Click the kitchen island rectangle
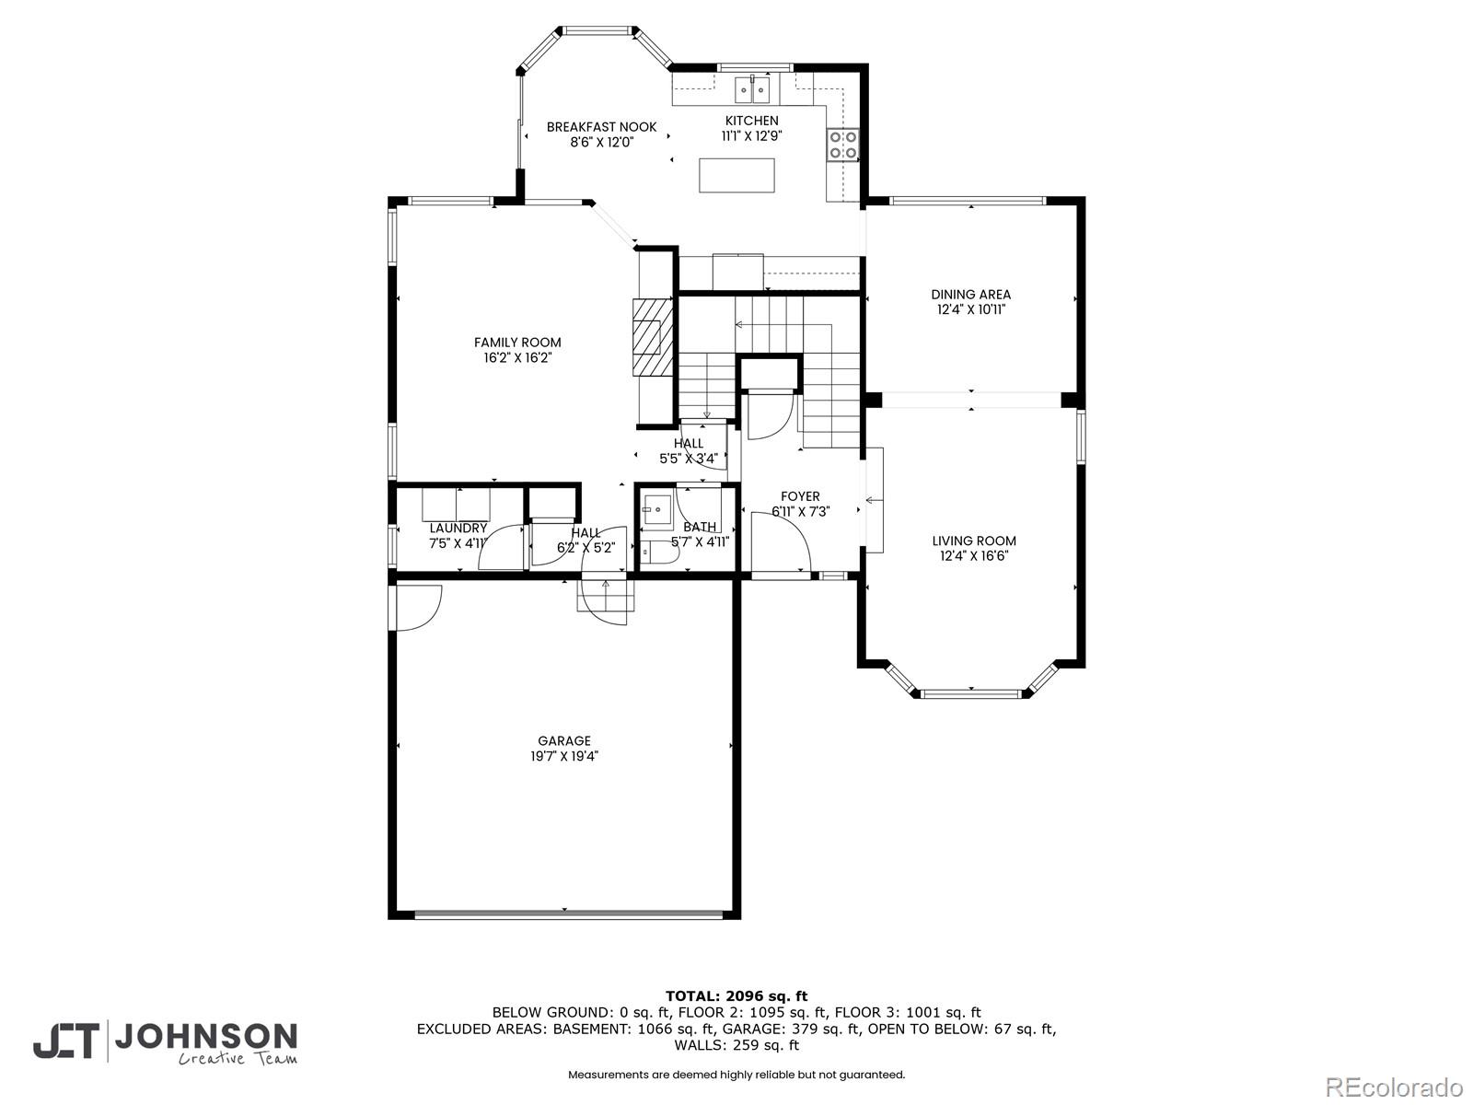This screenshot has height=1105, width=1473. coord(736,175)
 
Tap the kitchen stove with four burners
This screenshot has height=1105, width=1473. coord(843,145)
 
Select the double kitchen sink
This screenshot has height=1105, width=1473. coord(752,90)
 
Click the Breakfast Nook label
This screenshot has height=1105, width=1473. coord(601,127)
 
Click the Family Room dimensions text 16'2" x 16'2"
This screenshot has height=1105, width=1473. coord(516,358)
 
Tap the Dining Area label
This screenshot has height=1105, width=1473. coord(970,295)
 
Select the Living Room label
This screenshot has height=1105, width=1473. coord(974,541)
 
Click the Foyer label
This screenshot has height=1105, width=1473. coord(800,496)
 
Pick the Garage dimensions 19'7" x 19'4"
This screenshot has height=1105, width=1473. coord(564,756)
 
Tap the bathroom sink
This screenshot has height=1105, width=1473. coord(657,508)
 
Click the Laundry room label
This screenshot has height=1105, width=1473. coord(458,528)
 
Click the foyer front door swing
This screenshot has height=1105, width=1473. coord(781,543)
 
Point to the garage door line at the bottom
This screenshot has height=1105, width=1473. coord(567,914)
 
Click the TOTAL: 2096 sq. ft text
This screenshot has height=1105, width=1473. coord(736,995)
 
